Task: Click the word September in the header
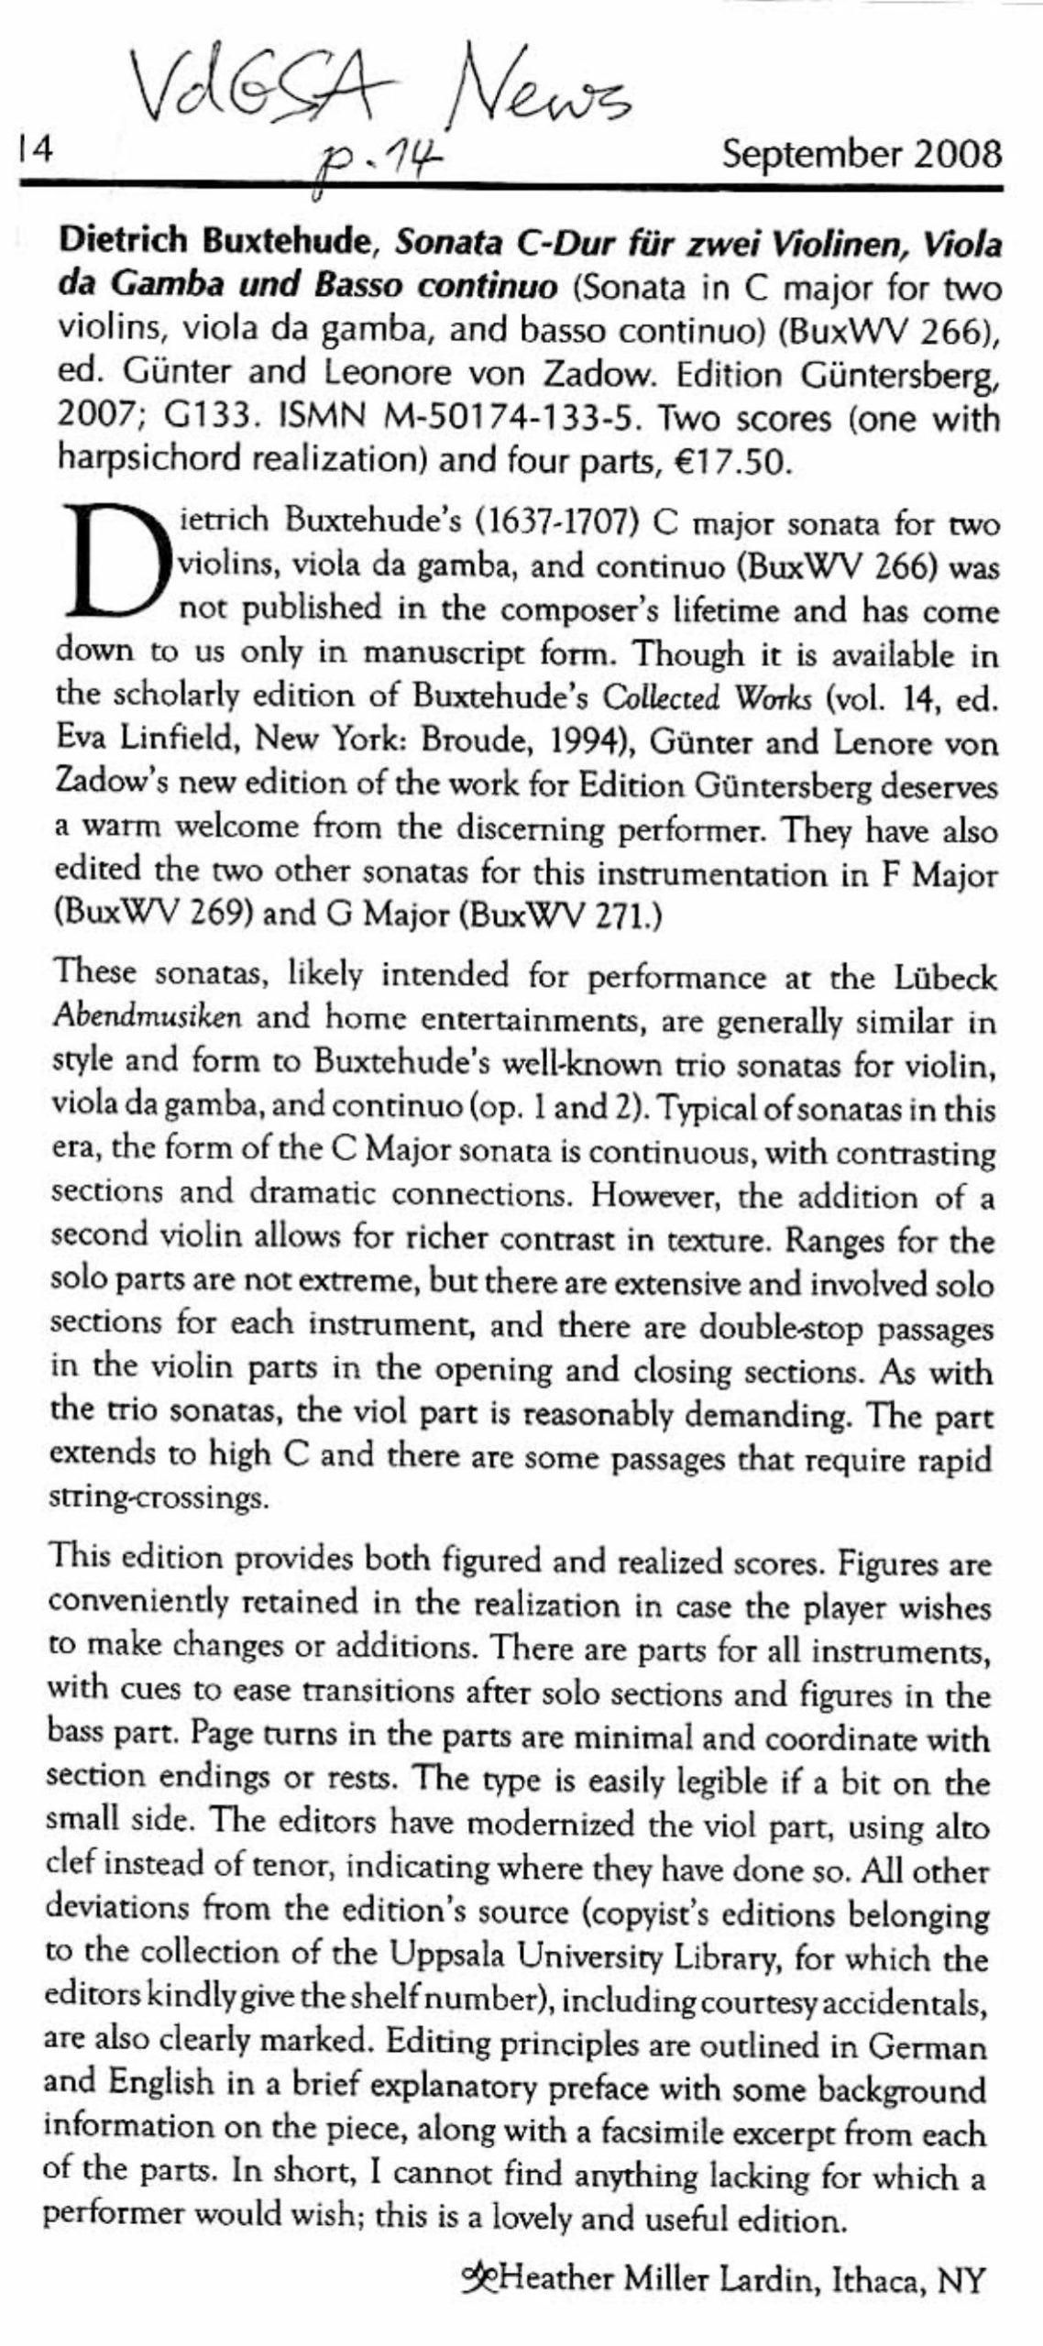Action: (807, 154)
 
